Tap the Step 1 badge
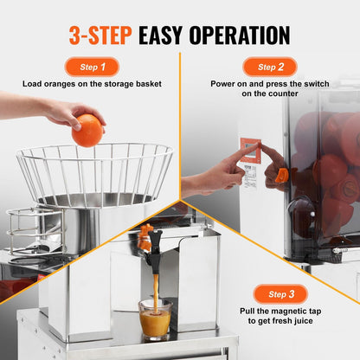pos(91,67)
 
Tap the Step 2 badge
pos(269,67)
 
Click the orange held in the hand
pos(87,130)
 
